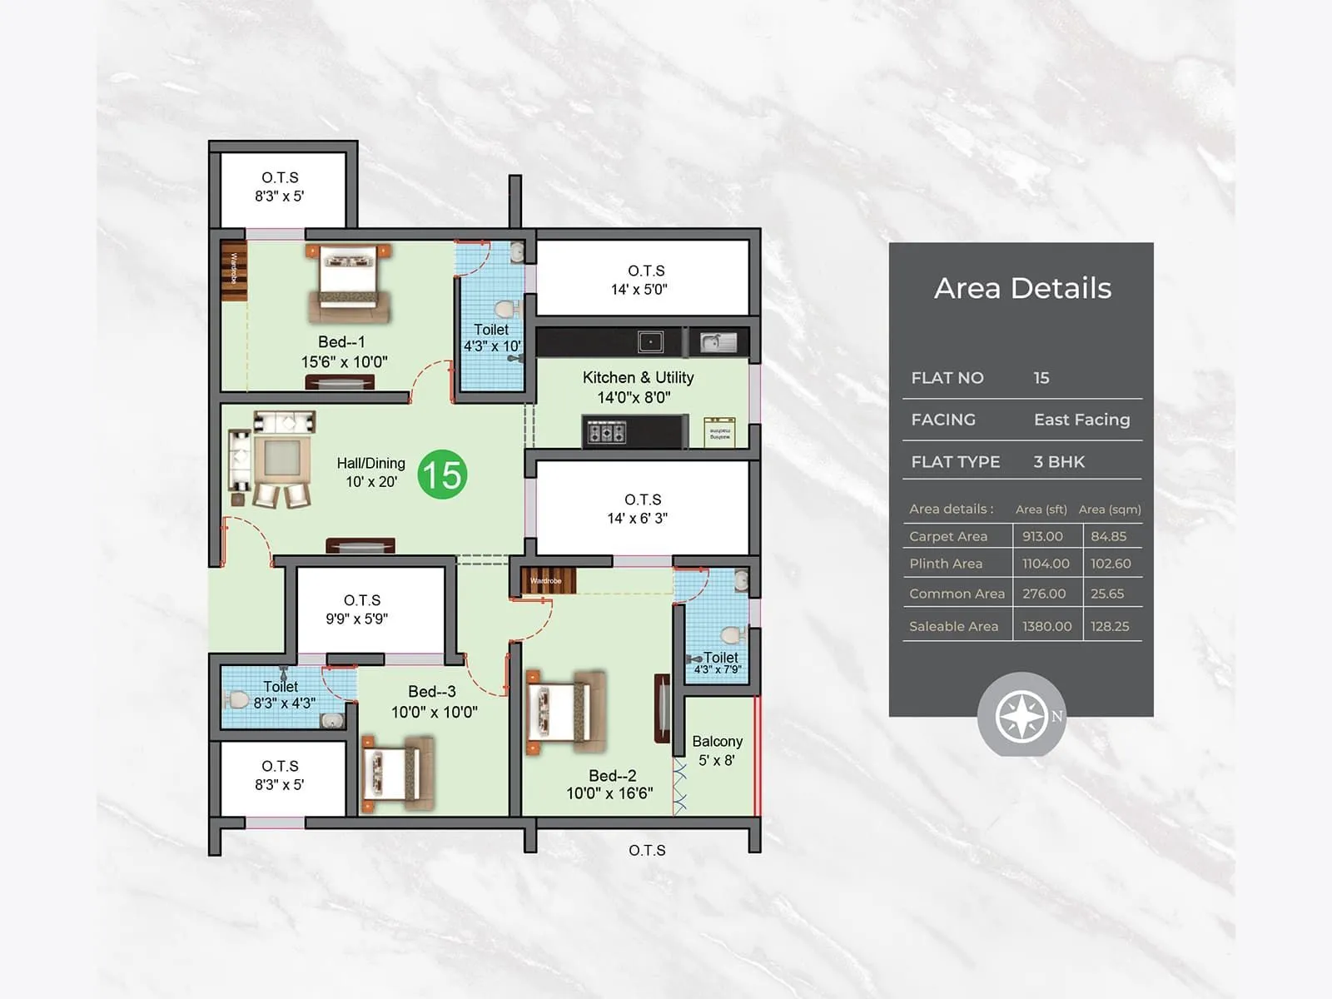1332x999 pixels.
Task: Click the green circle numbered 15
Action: pyautogui.click(x=442, y=475)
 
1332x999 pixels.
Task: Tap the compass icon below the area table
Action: pyautogui.click(x=1021, y=715)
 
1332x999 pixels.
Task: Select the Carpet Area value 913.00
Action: pyautogui.click(x=1042, y=536)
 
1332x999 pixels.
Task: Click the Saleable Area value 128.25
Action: pyautogui.click(x=1110, y=626)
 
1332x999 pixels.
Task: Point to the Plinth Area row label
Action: pyautogui.click(x=946, y=564)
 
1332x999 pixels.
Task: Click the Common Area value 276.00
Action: pyautogui.click(x=1044, y=594)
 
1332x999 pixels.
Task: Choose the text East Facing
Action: pyautogui.click(x=1081, y=420)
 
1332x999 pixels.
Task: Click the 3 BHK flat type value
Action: pyautogui.click(x=1059, y=462)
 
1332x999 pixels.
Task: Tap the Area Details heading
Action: pyautogui.click(x=1022, y=288)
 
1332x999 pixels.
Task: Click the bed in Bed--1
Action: pyautogui.click(x=348, y=283)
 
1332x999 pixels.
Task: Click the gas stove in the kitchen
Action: pyautogui.click(x=607, y=432)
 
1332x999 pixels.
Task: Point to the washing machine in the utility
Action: pyautogui.click(x=719, y=432)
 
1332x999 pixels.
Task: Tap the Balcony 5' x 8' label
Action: pyautogui.click(x=717, y=750)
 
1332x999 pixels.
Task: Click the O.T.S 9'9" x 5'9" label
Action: pyautogui.click(x=361, y=609)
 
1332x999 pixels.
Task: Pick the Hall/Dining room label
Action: pyautogui.click(x=370, y=472)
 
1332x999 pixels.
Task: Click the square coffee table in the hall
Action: pyautogui.click(x=282, y=457)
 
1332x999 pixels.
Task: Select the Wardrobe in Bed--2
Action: pyautogui.click(x=547, y=580)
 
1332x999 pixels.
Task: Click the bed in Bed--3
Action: pyautogui.click(x=398, y=773)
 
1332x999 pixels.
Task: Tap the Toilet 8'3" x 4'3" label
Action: pyautogui.click(x=282, y=695)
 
